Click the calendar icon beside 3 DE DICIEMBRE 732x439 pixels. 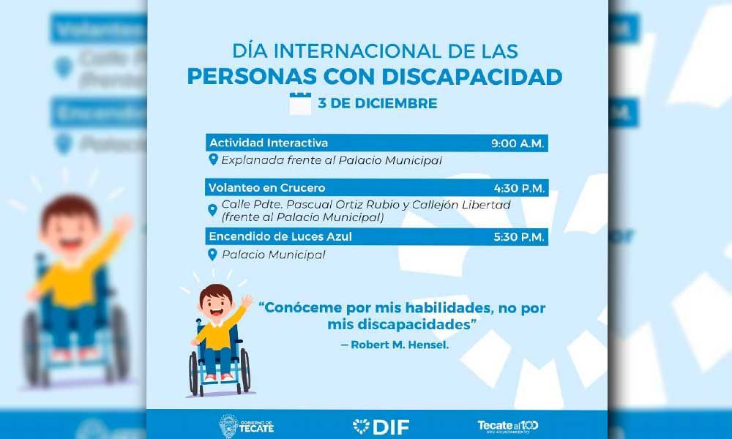300,103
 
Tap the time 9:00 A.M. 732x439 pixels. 518,143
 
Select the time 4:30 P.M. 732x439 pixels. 518,188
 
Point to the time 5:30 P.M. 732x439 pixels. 518,237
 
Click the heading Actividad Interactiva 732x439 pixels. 269,143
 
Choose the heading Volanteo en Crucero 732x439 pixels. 267,188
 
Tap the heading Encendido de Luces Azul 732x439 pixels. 280,237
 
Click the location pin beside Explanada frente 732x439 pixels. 213,160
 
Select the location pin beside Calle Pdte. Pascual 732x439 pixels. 213,211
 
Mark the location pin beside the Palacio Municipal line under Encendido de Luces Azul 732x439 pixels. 213,255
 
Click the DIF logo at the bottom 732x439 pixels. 381,426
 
